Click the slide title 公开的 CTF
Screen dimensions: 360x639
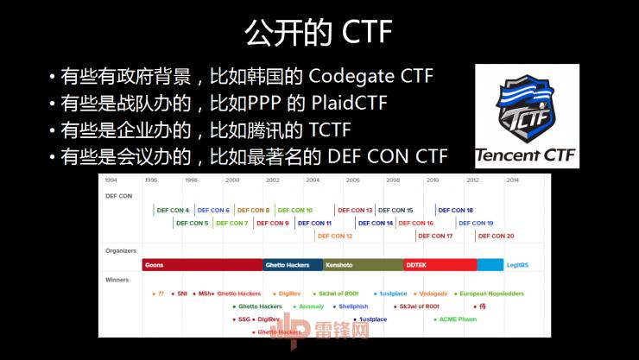319,32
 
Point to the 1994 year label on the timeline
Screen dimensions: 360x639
111,180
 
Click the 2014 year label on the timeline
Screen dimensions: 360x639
513,180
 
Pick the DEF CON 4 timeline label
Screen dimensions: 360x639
173,210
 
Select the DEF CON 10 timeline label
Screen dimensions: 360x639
295,210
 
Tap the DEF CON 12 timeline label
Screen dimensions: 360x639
335,236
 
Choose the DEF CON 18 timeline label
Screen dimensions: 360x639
455,210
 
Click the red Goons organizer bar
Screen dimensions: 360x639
202,265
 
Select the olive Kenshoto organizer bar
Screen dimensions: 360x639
363,265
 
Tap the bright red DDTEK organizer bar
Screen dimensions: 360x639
440,265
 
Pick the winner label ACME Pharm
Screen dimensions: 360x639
458,319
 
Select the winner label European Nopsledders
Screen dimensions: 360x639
490,294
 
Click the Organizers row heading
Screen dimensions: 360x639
121,250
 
